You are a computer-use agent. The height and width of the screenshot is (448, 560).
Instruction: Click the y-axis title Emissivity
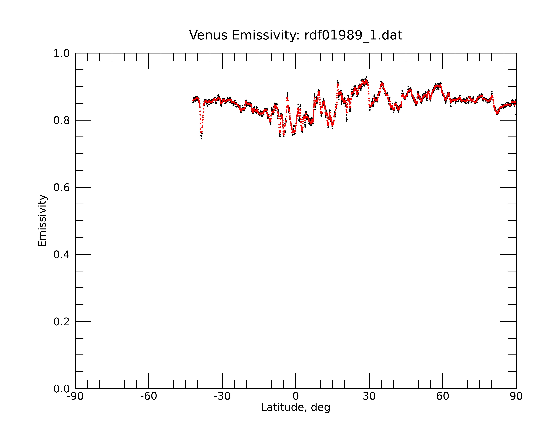click(42, 221)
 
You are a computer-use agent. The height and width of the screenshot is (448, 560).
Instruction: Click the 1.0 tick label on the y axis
click(62, 54)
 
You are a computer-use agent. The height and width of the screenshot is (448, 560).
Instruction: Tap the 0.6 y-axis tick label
click(62, 187)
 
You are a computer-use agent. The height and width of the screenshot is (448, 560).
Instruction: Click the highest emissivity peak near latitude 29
click(366, 77)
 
